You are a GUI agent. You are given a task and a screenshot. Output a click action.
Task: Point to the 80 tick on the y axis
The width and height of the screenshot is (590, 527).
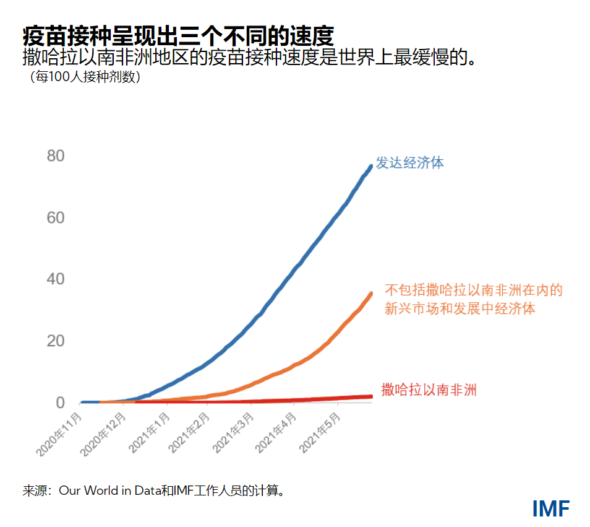coord(56,155)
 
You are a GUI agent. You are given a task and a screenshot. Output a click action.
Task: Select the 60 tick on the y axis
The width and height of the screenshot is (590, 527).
coord(56,217)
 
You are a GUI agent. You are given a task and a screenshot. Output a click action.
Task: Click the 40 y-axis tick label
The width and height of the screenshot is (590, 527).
coord(56,279)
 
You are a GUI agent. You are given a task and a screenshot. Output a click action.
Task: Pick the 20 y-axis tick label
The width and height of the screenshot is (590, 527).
coord(56,341)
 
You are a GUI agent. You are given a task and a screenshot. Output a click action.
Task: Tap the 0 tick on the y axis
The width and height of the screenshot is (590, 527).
coord(60,403)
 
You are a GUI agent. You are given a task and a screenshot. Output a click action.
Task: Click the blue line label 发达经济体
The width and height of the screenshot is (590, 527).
coord(409,163)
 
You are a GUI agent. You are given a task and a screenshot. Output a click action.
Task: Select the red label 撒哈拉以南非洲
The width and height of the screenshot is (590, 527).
coord(429,390)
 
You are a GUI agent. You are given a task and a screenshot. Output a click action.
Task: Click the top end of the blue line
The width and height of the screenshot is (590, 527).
coord(370,166)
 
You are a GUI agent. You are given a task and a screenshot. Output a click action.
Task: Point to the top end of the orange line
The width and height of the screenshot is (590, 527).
coord(371,294)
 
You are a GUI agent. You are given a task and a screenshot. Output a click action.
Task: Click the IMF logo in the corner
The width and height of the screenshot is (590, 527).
coord(551,508)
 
